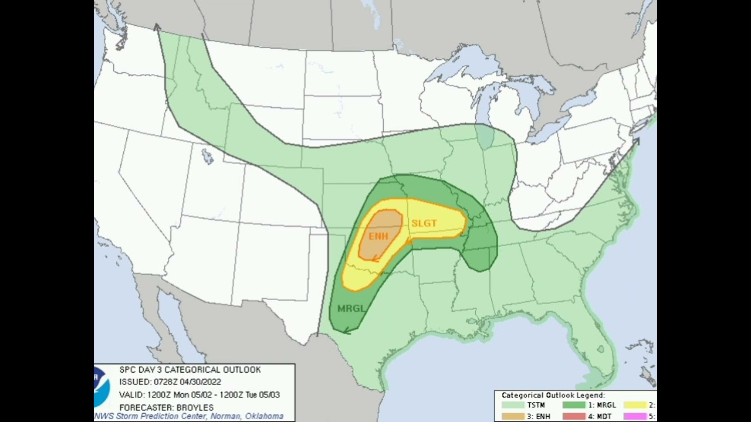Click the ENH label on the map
coord(378,237)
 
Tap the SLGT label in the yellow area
coord(424,223)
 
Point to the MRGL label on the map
coord(351,308)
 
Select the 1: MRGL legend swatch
coord(574,405)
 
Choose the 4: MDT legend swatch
coord(574,416)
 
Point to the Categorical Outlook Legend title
coord(553,396)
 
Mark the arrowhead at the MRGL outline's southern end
coord(346,331)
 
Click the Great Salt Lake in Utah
coord(207,156)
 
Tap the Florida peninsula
coord(598,346)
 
